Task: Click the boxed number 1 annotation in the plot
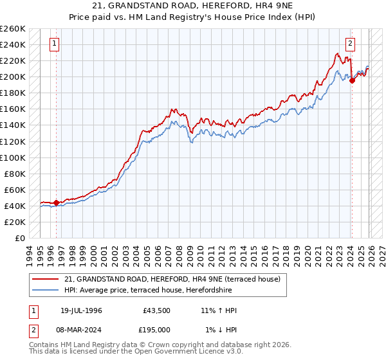pyautogui.click(x=53, y=44)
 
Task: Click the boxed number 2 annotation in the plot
pyautogui.click(x=350, y=44)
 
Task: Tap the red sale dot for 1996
pyautogui.click(x=56, y=203)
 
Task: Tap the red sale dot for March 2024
pyautogui.click(x=352, y=81)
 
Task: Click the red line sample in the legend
pyautogui.click(x=46, y=280)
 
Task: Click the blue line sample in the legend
pyautogui.click(x=46, y=290)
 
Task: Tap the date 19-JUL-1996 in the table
pyautogui.click(x=78, y=310)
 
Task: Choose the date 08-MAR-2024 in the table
pyautogui.click(x=78, y=330)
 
